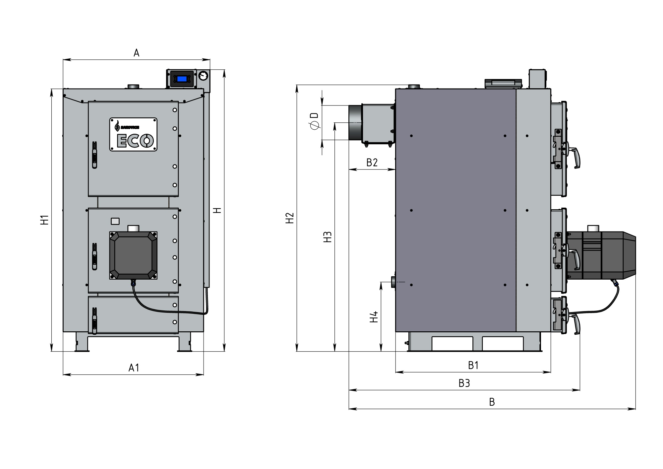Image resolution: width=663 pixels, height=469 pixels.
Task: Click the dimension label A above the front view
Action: pyautogui.click(x=136, y=53)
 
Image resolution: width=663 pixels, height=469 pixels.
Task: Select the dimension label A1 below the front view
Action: pyautogui.click(x=134, y=368)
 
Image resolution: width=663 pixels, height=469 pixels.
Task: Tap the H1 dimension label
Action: pyautogui.click(x=45, y=220)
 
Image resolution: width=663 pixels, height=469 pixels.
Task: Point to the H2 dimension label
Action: pyautogui.click(x=290, y=218)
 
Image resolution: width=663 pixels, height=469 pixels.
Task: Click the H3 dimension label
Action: pyautogui.click(x=328, y=237)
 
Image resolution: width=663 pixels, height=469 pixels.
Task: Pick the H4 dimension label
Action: pyautogui.click(x=374, y=317)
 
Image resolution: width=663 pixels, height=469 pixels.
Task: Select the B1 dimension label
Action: pyautogui.click(x=473, y=365)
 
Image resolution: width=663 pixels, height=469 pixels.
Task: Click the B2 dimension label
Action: pyautogui.click(x=372, y=163)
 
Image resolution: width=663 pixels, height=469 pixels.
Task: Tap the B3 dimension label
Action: pyautogui.click(x=464, y=383)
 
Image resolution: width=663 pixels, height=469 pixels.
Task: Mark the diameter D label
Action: pyautogui.click(x=314, y=121)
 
